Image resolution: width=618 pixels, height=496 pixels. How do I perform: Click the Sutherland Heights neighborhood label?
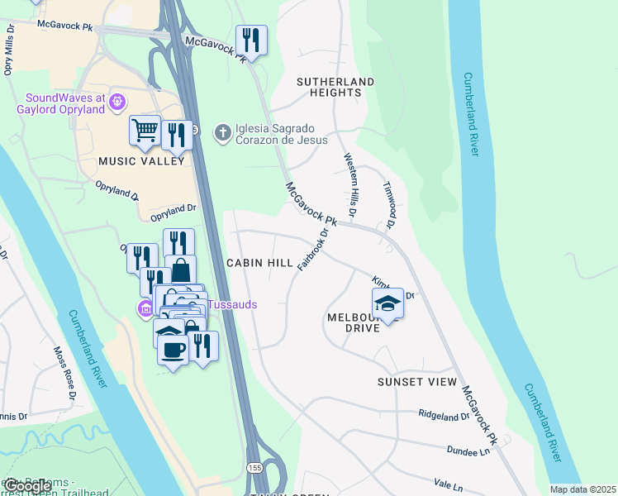click(336, 88)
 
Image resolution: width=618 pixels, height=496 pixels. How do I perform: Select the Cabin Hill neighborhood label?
click(259, 262)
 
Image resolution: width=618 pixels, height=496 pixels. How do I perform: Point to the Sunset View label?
click(417, 382)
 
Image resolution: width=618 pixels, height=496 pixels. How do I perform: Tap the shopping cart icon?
click(145, 131)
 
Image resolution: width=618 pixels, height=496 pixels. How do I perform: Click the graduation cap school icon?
click(387, 303)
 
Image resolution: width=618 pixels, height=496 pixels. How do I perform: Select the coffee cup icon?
click(173, 350)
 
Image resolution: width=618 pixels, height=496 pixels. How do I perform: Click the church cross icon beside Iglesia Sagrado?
click(222, 132)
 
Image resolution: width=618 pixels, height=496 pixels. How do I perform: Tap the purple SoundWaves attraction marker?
click(117, 102)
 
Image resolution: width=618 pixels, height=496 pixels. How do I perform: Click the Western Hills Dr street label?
click(350, 186)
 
